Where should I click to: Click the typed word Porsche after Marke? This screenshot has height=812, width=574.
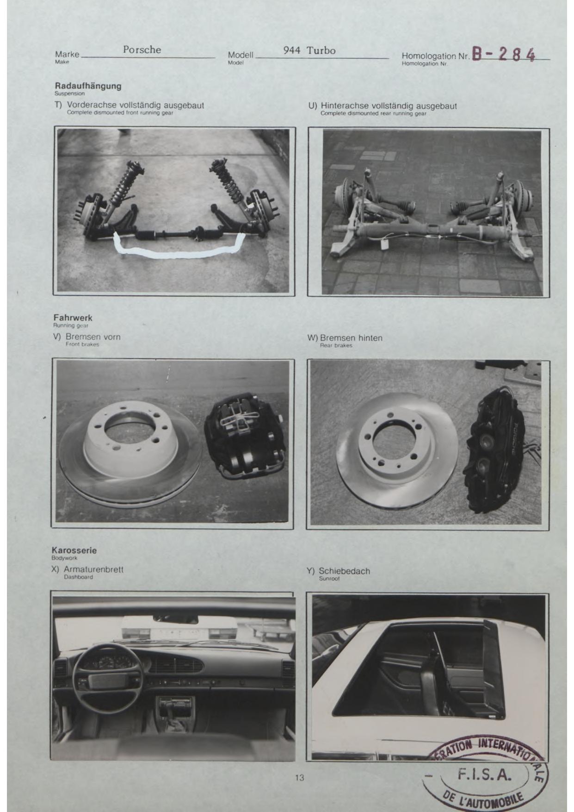tap(142, 50)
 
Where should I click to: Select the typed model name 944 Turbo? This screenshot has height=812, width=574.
tap(309, 50)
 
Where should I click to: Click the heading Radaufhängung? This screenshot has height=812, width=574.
tap(88, 86)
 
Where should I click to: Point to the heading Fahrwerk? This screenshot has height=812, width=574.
tap(73, 318)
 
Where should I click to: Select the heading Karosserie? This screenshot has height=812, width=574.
tap(74, 550)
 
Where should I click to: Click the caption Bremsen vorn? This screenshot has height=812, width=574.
tap(93, 337)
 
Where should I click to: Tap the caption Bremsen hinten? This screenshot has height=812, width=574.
tap(351, 338)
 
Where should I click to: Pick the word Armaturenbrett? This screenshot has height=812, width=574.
tap(93, 569)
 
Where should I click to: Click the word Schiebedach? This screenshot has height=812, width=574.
tap(344, 571)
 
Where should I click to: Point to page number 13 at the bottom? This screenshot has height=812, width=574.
tap(300, 777)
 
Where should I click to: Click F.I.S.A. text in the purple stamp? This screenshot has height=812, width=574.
tap(484, 774)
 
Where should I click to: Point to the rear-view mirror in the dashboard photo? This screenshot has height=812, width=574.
tap(175, 619)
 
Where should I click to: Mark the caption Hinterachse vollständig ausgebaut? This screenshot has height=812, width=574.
tap(389, 106)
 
